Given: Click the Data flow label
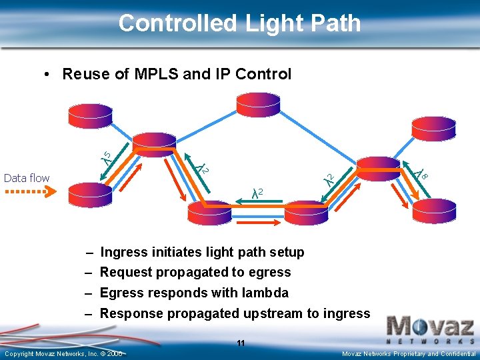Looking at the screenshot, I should coord(27,178).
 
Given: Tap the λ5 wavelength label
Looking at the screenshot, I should coord(106,157).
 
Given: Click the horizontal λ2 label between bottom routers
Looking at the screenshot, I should coord(257,193).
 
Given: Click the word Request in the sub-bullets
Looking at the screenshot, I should coord(126,272).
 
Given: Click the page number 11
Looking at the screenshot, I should coord(241,343).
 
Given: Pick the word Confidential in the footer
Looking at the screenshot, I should coord(458,353).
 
